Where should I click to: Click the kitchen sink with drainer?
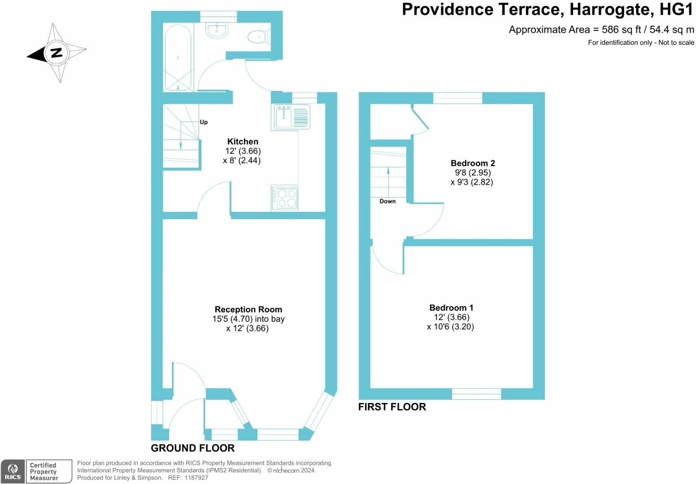click(x=291, y=117)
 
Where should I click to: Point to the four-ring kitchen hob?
click(x=285, y=198)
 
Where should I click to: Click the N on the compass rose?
click(x=57, y=53)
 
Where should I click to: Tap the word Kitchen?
click(x=243, y=142)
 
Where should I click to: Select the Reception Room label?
click(x=248, y=310)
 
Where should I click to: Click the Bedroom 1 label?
click(x=451, y=308)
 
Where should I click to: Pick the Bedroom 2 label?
click(x=473, y=163)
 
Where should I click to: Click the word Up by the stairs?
click(x=204, y=122)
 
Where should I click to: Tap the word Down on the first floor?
click(x=387, y=201)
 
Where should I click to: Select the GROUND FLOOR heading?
click(x=193, y=448)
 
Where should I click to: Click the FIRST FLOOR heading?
click(x=392, y=407)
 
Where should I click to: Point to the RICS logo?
click(x=13, y=471)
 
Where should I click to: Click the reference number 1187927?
click(x=196, y=478)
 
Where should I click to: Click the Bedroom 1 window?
click(x=476, y=394)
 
